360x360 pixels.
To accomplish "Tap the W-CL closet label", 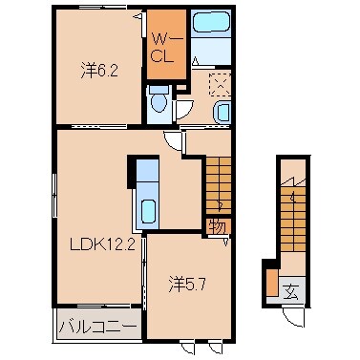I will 161,47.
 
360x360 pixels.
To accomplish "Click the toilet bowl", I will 158,98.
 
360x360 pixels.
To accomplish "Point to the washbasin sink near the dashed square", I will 222,113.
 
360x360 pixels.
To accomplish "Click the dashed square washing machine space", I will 220,84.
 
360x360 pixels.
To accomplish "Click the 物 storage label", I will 217,225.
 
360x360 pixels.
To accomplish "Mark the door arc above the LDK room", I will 172,139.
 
